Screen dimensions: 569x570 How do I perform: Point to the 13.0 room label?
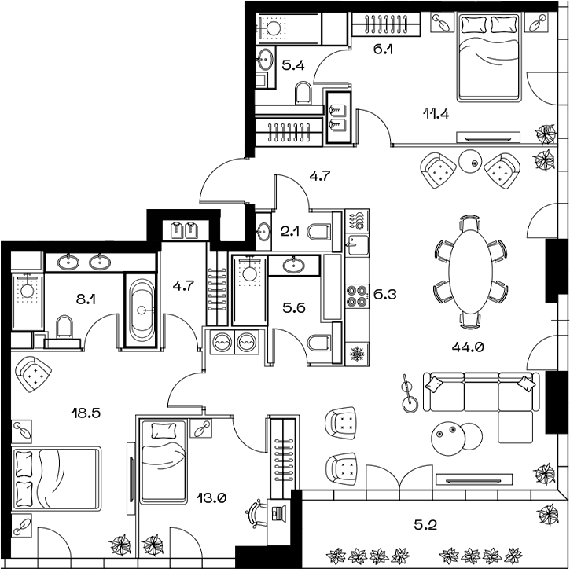tap(212, 497)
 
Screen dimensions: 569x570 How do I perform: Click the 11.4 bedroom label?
tap(436, 112)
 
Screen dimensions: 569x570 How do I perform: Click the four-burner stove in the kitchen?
tap(357, 296)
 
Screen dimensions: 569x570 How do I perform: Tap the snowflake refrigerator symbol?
tap(357, 354)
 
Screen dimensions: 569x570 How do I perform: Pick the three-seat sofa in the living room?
tap(480, 394)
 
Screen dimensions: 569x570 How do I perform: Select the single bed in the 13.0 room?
tap(163, 461)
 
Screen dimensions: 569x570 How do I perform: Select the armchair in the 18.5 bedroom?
tap(33, 373)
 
